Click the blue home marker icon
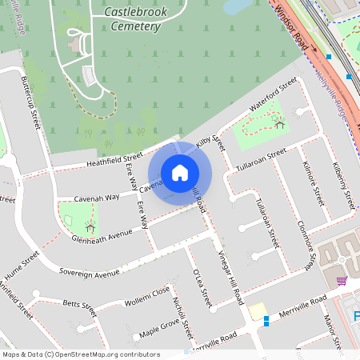coord(180,172)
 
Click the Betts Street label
coord(79,305)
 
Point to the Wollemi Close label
coord(150,296)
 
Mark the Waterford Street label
coord(273,97)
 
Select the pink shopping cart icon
coord(342,281)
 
